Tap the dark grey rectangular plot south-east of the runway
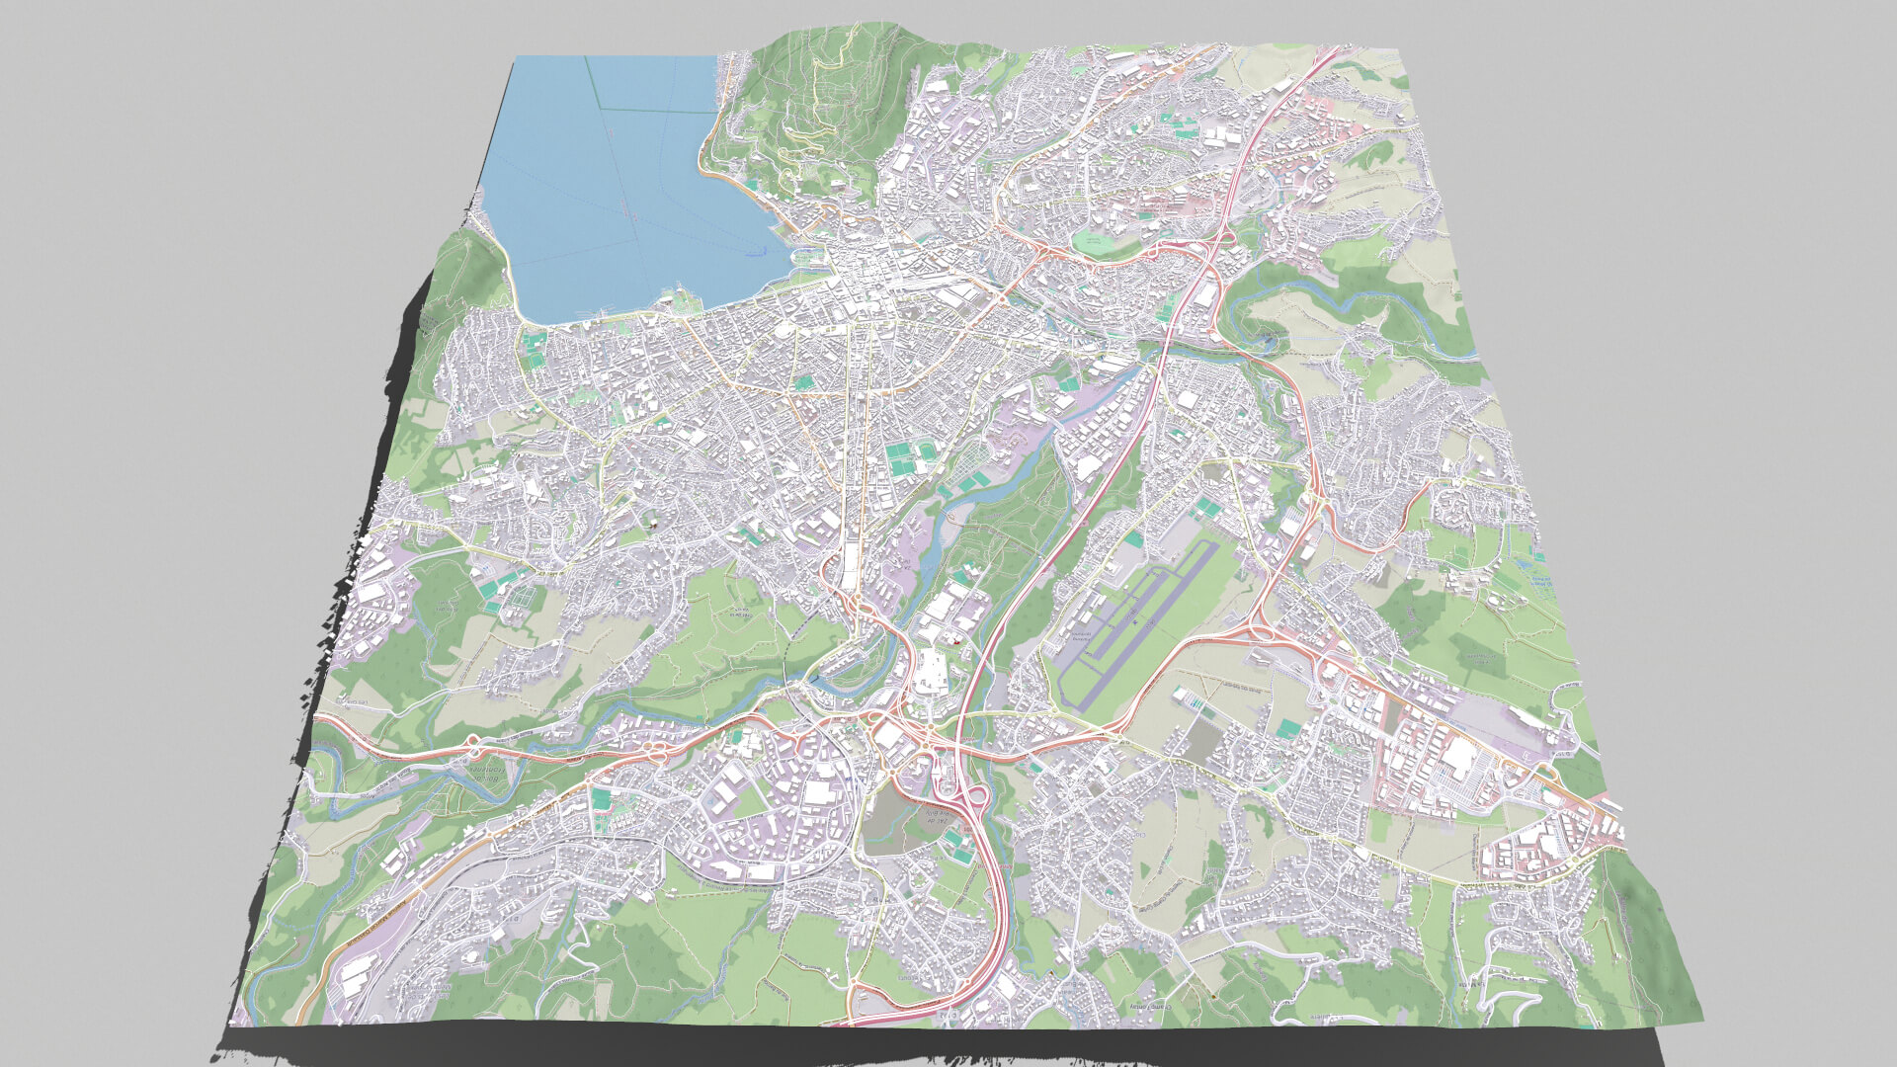coord(1200,741)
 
